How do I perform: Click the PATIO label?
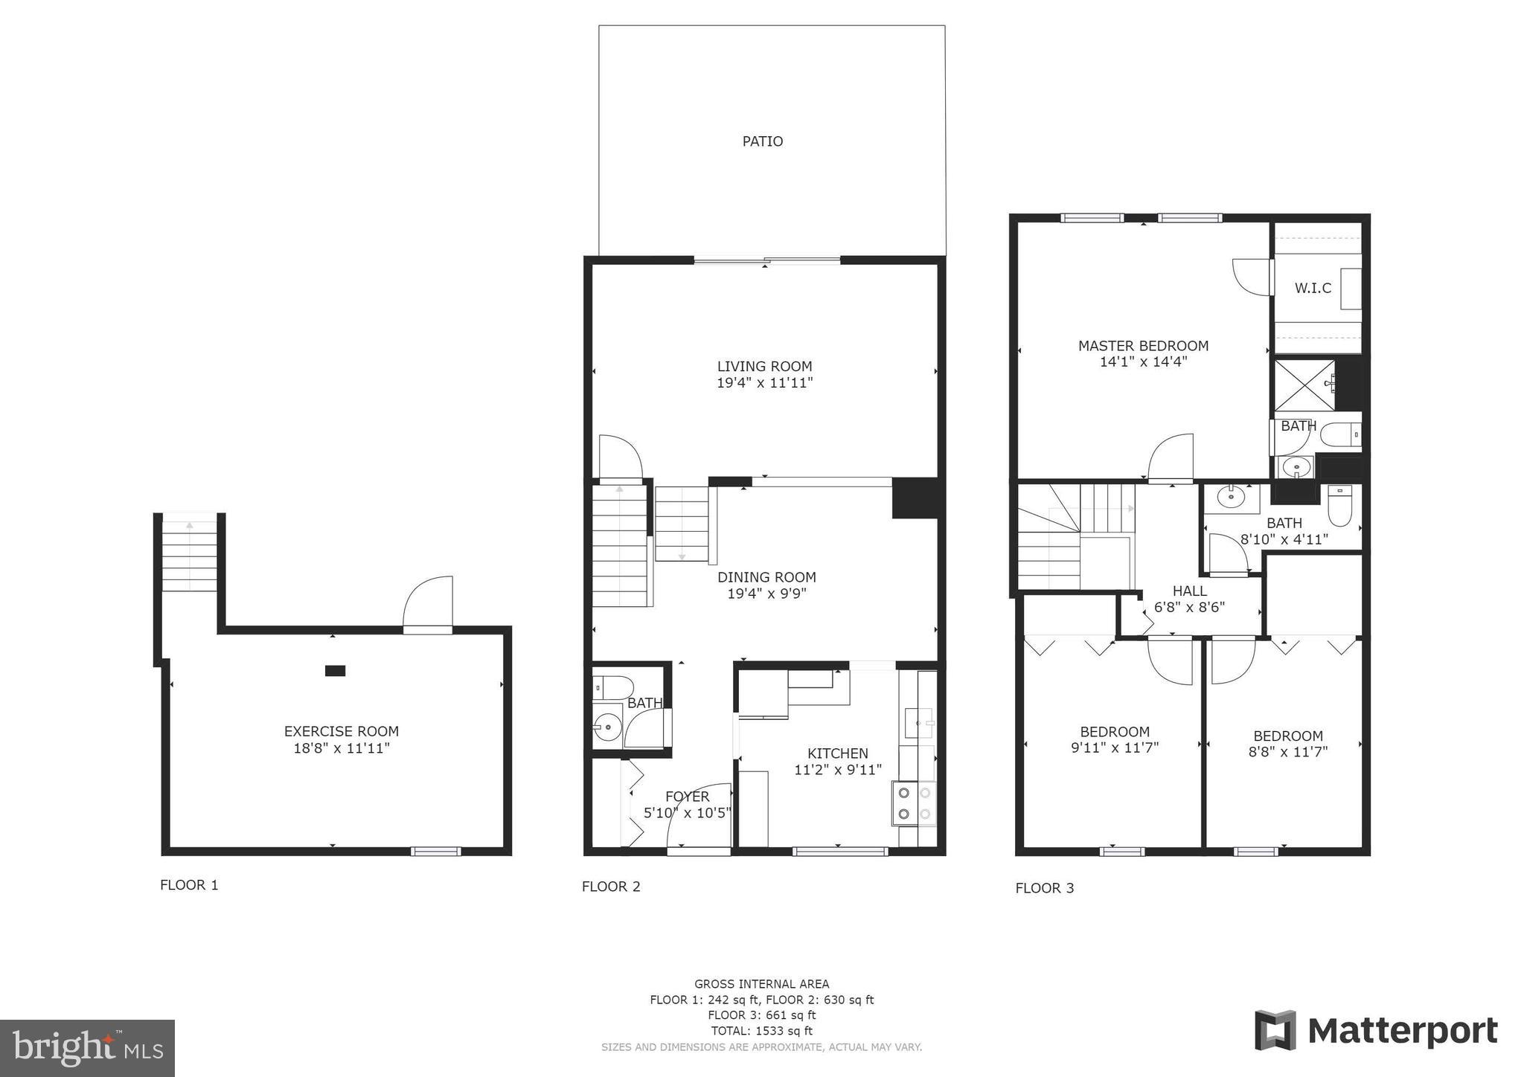(762, 141)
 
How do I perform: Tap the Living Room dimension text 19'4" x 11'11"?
(764, 383)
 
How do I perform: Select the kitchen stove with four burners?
(914, 803)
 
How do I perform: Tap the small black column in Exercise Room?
(335, 671)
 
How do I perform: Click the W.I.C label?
(1313, 288)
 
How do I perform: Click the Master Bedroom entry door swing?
(1172, 458)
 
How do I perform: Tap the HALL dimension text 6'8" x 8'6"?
(1189, 607)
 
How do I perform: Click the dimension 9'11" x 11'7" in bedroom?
(1115, 748)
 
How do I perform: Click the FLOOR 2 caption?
(611, 887)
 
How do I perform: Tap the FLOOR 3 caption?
(1045, 888)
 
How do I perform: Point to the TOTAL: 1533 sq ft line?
(761, 1031)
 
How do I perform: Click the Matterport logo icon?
(1275, 1030)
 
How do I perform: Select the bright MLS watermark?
(87, 1048)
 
